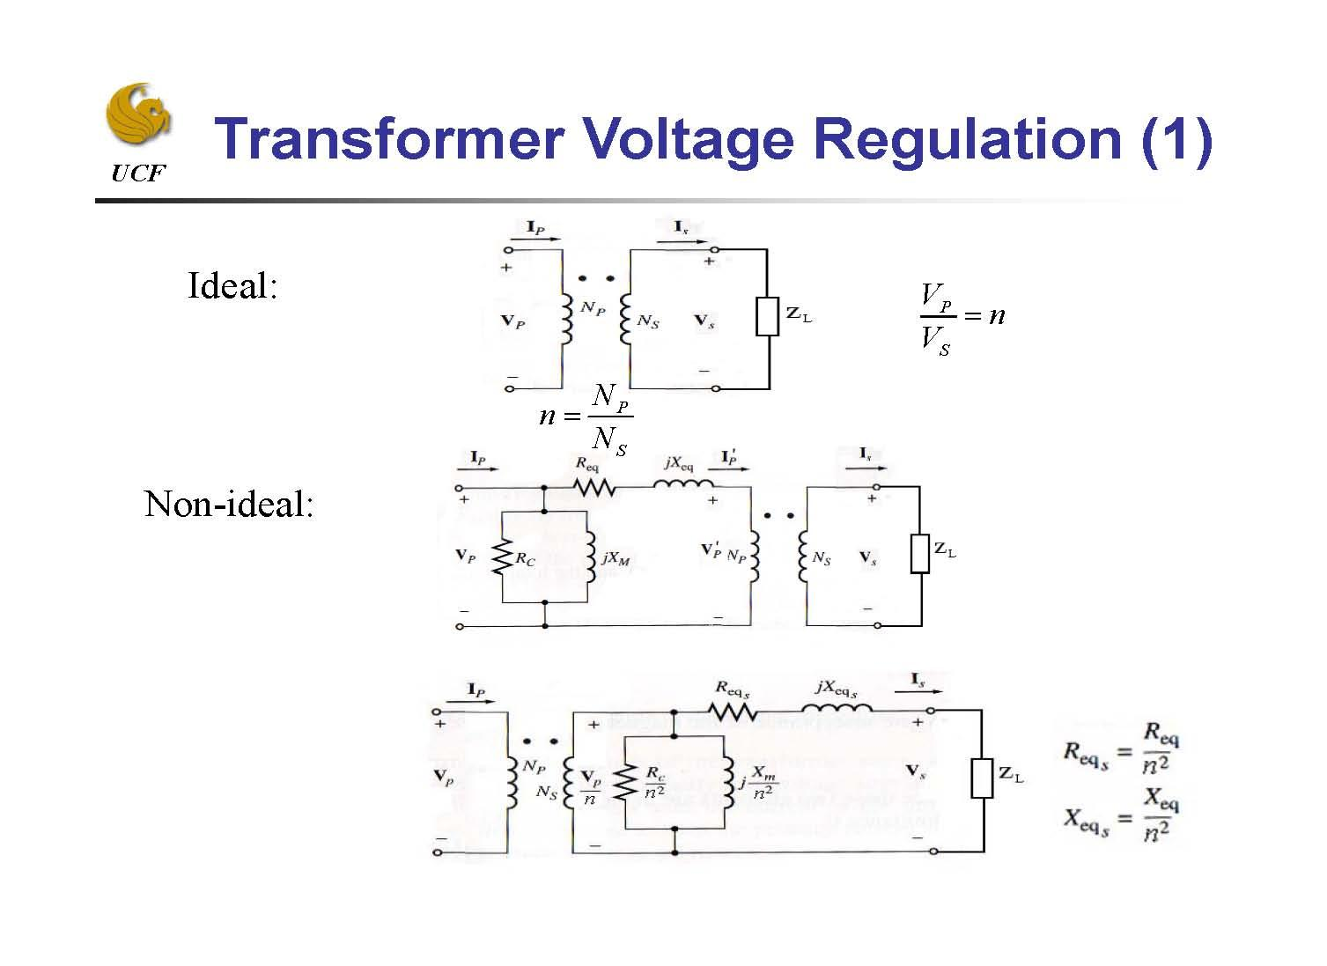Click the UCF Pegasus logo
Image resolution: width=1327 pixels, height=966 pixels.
(x=138, y=114)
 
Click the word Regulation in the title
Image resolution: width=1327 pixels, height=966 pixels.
(x=969, y=139)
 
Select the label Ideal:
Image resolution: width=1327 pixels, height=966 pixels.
(x=232, y=285)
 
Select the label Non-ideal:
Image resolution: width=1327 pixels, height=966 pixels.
(x=229, y=504)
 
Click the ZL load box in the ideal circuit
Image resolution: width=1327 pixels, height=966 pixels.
(x=768, y=316)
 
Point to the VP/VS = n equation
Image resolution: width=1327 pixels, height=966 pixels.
(x=961, y=318)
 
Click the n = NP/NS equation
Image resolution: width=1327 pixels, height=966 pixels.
(x=586, y=417)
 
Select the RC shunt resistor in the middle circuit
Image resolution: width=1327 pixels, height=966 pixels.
(x=502, y=557)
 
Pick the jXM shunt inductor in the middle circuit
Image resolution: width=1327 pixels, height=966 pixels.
(x=589, y=557)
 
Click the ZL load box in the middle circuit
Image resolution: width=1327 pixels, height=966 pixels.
(x=920, y=553)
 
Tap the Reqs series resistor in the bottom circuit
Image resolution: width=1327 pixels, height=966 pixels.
(x=733, y=711)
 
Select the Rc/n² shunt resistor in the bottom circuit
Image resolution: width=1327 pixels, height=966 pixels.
(x=624, y=782)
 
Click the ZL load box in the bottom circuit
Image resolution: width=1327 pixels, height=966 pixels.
(x=982, y=778)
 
